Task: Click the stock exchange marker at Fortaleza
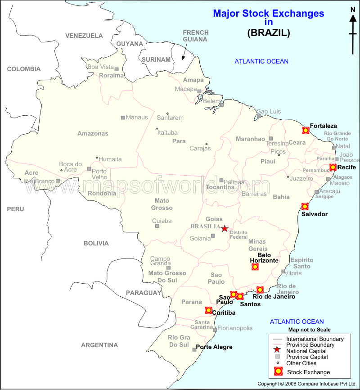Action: pos(306,130)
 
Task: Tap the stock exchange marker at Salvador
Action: pos(305,206)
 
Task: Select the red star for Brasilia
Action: pos(225,229)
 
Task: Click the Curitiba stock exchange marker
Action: pos(208,310)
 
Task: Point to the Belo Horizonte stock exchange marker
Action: pos(255,267)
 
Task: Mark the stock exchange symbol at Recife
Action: pos(333,168)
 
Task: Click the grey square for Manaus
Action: pos(123,118)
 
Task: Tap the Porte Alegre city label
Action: pos(214,347)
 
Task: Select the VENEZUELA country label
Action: pos(84,36)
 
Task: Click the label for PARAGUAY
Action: pos(144,293)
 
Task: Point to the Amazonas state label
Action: pos(93,134)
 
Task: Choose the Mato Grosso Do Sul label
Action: pos(167,277)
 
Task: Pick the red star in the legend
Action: pos(278,351)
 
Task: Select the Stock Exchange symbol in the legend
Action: pos(278,372)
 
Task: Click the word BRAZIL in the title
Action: pos(269,32)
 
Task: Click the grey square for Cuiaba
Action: pos(157,226)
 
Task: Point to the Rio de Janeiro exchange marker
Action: pos(260,290)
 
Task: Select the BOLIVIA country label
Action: pos(96,243)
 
